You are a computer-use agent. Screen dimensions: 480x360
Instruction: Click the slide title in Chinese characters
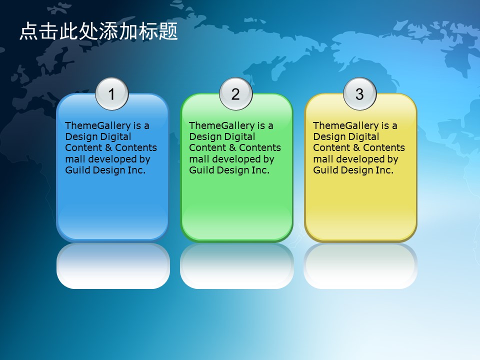98,31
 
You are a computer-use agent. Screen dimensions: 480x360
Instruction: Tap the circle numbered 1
111,93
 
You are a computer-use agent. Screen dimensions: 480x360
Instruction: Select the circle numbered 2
235,93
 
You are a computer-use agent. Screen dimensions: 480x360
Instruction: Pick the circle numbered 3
359,93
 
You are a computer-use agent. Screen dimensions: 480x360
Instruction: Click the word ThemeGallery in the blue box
98,126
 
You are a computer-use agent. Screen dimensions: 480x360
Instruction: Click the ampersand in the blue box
108,148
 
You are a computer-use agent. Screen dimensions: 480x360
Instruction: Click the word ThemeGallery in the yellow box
346,126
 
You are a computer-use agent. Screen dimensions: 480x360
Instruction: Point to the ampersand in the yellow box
356,148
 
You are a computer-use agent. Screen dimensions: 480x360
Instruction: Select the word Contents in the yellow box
384,148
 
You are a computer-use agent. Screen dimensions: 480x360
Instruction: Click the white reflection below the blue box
113,266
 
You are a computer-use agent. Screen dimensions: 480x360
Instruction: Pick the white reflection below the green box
237,266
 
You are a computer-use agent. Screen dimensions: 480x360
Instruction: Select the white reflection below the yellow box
360,266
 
